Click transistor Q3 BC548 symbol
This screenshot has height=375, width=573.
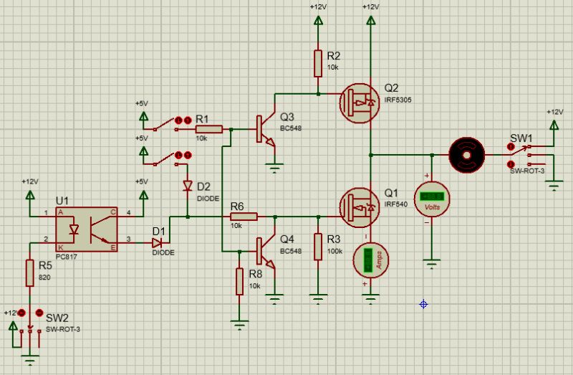click(265, 130)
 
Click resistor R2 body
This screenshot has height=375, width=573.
click(317, 63)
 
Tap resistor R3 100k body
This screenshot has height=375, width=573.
click(317, 245)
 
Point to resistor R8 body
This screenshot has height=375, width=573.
click(239, 280)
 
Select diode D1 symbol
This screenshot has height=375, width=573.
click(158, 244)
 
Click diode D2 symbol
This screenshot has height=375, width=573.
click(187, 186)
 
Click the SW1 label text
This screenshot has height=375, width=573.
click(521, 137)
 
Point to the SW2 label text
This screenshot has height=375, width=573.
click(57, 317)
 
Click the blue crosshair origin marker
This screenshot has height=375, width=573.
click(423, 304)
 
